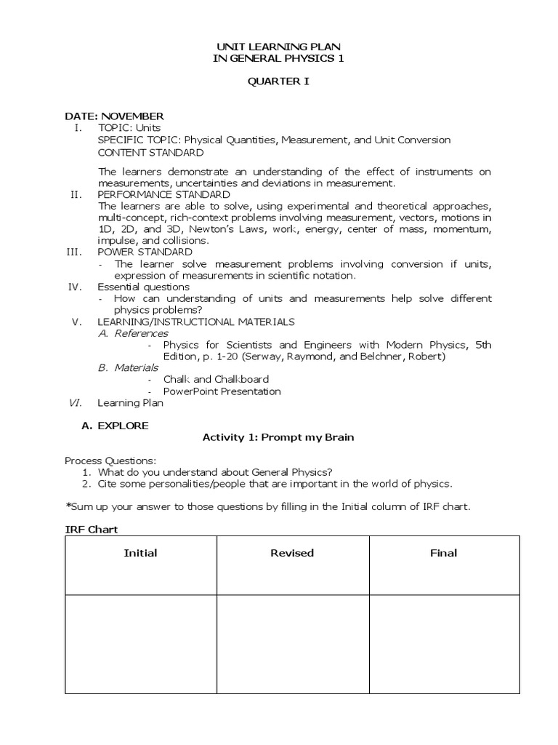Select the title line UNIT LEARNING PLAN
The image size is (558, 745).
279,47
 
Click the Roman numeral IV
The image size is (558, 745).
73,287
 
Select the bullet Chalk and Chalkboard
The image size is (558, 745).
216,379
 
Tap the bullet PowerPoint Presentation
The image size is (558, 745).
222,391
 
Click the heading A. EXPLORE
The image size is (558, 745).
116,426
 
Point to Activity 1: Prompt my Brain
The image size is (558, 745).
278,437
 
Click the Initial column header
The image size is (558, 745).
141,553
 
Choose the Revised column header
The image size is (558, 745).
292,553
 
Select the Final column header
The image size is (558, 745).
444,553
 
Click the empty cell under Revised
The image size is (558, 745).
292,644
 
